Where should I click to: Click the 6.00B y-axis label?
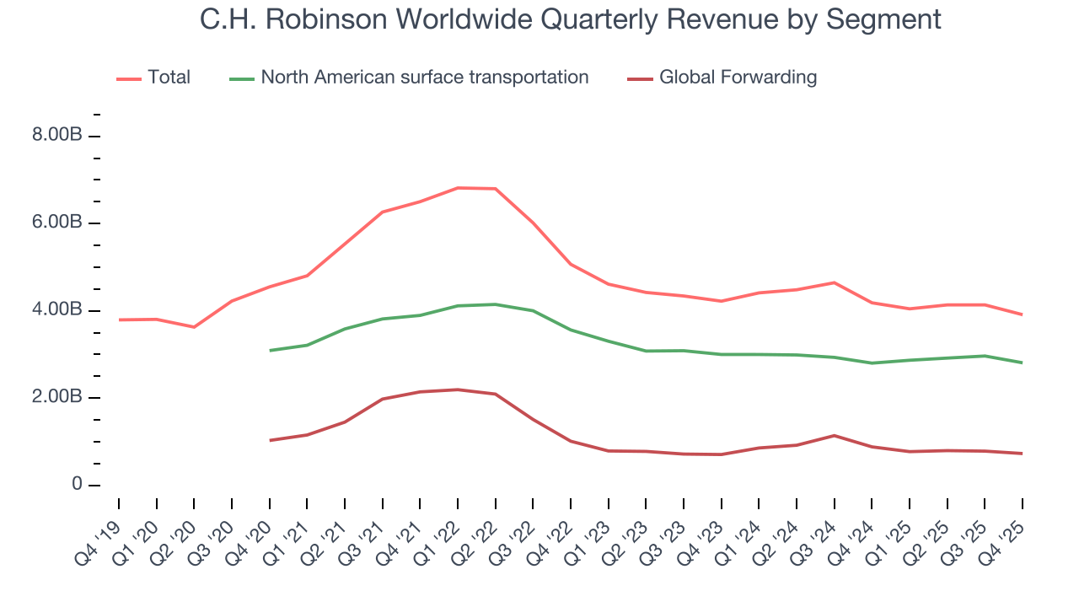(56, 223)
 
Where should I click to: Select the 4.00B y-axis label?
(56, 310)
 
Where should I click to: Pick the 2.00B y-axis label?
(56, 397)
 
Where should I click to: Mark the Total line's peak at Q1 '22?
(457, 188)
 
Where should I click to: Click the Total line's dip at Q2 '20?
(194, 327)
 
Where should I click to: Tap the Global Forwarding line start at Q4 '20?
(269, 440)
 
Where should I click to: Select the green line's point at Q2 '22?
(495, 304)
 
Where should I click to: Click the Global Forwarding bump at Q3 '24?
(834, 435)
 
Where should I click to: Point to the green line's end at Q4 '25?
(1022, 363)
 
